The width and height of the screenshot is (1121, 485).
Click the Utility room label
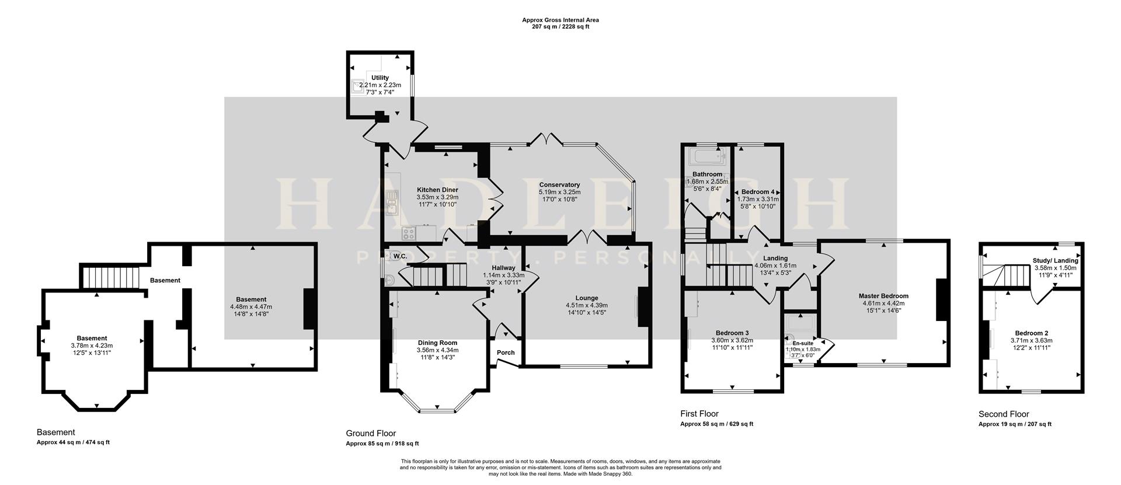point(380,78)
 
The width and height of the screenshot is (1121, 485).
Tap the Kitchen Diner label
point(437,190)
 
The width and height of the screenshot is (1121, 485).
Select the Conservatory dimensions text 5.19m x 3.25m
point(559,192)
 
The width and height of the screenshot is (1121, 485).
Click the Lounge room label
point(586,298)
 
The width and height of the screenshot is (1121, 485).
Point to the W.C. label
point(400,256)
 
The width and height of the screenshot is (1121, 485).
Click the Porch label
point(506,353)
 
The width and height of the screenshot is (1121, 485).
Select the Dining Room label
point(437,343)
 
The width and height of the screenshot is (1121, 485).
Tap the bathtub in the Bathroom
point(706,156)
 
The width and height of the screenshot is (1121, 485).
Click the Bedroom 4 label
point(758,192)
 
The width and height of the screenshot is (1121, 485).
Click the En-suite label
point(803,343)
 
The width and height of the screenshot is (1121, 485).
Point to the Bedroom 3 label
point(732,333)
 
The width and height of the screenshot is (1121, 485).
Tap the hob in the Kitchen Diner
point(409,233)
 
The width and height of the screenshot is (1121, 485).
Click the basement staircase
point(110,277)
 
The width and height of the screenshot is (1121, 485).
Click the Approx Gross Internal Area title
point(560,20)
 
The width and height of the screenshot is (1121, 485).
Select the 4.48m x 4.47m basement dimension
point(251,306)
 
